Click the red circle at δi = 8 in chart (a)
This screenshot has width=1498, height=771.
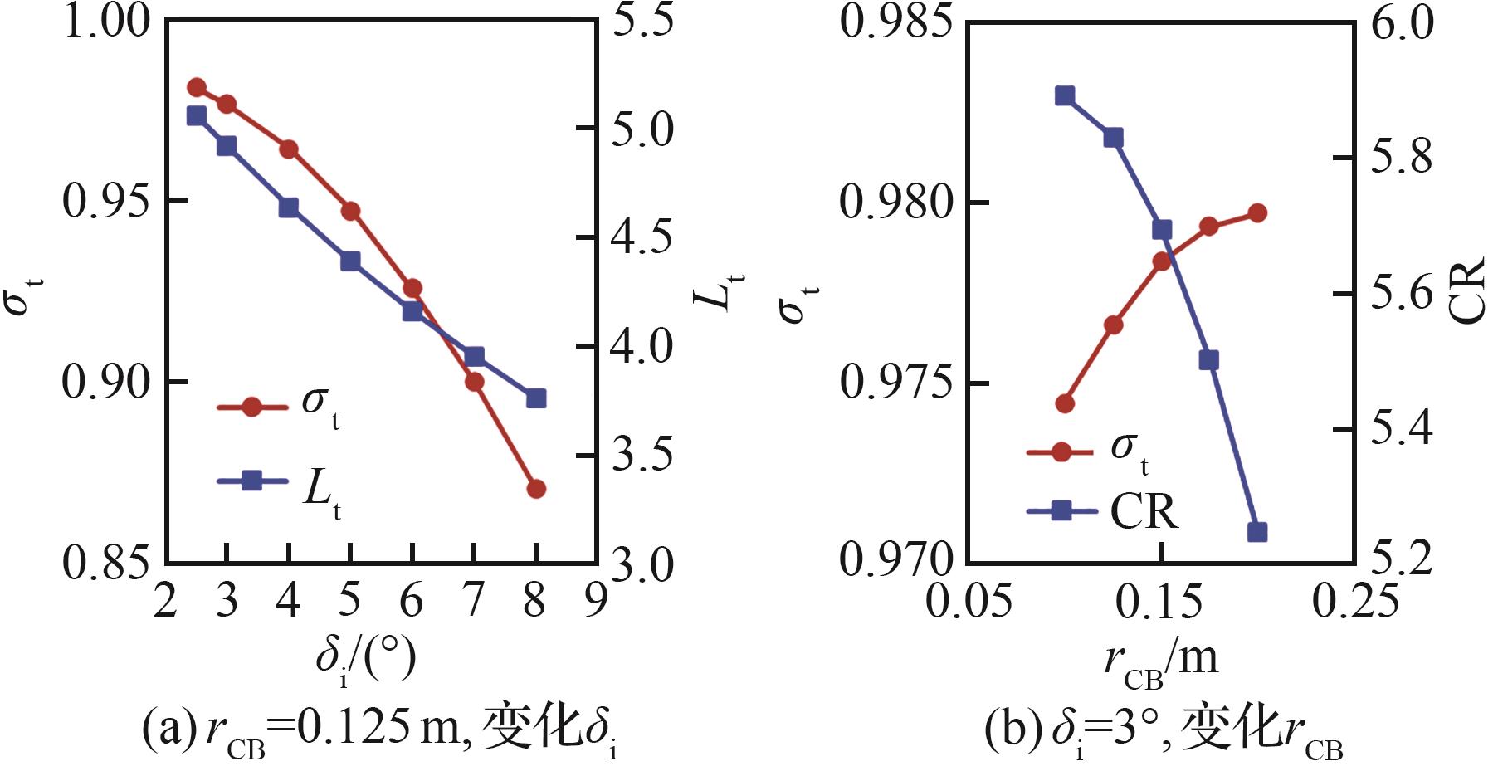[536, 488]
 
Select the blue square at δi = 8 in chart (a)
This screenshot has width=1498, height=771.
[536, 398]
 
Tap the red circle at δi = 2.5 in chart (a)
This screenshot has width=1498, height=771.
[197, 87]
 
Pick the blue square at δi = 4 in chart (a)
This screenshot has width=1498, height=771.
[289, 207]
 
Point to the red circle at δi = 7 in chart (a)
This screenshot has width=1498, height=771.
[475, 382]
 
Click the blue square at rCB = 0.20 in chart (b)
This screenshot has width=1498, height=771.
[1257, 532]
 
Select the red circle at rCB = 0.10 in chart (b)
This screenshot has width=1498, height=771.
[1065, 403]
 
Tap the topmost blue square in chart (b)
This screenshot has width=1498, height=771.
[1065, 95]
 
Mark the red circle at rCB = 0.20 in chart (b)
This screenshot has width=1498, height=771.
[1257, 213]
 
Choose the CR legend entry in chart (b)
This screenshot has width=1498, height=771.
[1104, 510]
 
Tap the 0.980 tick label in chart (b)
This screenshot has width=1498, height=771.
[896, 203]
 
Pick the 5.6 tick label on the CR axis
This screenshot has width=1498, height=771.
[1402, 294]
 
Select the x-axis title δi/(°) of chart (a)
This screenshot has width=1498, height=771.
[365, 660]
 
